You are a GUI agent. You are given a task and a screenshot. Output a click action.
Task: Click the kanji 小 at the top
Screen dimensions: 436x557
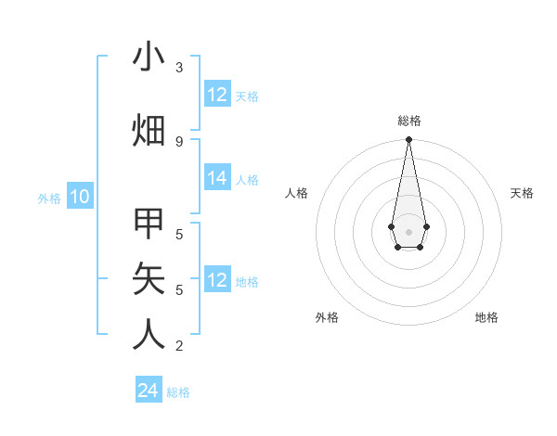point(149,58)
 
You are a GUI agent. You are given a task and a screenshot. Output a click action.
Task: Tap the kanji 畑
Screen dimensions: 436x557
point(149,131)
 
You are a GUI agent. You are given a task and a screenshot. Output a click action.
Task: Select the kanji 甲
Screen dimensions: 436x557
point(149,225)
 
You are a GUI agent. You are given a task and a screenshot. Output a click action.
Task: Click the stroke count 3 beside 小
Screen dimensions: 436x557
point(179,67)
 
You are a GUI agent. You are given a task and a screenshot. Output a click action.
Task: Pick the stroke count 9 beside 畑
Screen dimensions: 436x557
point(179,141)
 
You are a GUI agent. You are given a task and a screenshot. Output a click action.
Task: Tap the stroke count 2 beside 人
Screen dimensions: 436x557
point(179,346)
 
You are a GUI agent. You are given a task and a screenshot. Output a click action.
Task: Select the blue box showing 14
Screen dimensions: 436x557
point(217,179)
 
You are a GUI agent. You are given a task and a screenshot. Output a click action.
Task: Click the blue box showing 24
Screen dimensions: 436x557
point(149,391)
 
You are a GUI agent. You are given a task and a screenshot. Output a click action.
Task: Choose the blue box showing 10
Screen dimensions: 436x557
point(80,197)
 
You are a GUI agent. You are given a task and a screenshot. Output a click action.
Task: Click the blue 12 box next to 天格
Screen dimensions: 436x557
point(217,95)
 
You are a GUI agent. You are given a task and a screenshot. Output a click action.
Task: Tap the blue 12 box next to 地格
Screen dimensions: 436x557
point(217,281)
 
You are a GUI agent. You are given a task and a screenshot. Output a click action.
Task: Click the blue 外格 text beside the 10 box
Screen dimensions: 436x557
point(49,198)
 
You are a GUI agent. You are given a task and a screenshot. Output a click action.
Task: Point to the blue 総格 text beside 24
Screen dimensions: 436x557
point(178,392)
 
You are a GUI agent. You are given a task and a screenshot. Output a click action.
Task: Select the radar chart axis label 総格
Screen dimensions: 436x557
point(409,121)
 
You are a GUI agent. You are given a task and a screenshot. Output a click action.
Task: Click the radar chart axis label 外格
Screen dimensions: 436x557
point(327,318)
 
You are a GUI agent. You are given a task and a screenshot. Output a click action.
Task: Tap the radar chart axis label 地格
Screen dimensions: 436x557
point(486,318)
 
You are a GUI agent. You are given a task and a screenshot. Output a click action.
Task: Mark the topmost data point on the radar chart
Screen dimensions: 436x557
point(408,139)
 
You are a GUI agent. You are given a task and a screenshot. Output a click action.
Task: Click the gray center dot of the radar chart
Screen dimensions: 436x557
point(408,230)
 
